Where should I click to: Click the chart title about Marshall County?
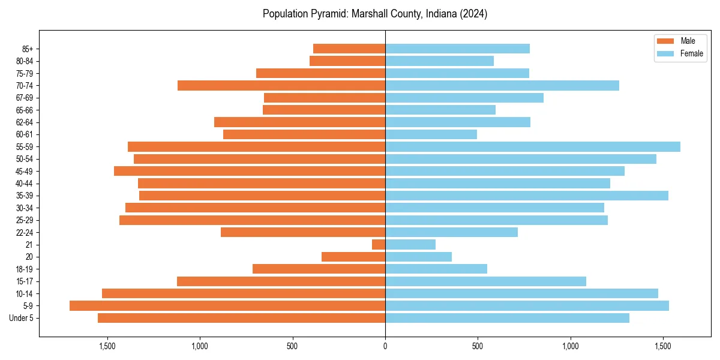click(x=375, y=14)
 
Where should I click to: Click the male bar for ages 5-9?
click(x=227, y=306)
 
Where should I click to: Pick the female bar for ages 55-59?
click(x=533, y=147)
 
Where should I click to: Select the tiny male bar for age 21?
click(x=379, y=245)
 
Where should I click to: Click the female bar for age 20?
click(x=418, y=257)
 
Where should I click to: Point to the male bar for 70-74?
click(x=281, y=86)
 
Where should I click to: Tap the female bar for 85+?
click(x=457, y=49)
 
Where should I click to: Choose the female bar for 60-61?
click(x=431, y=134)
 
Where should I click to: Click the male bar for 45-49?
click(x=250, y=171)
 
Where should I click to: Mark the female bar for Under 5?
click(x=507, y=318)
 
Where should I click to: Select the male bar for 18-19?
click(x=319, y=269)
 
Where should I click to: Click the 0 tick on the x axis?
click(x=385, y=346)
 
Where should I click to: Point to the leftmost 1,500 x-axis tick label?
click(x=107, y=346)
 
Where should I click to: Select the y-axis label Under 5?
click(x=21, y=318)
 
